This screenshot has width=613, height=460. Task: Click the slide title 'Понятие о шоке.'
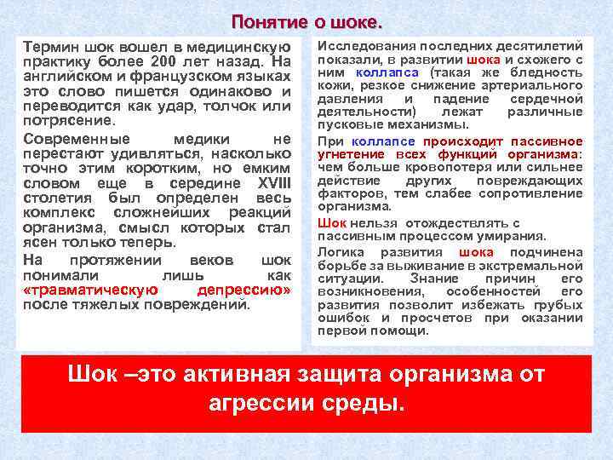tap(306, 20)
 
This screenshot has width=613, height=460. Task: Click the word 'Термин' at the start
tap(50, 46)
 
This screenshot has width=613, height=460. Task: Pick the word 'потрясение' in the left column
tap(63, 123)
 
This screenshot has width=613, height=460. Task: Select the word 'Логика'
tap(339, 252)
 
